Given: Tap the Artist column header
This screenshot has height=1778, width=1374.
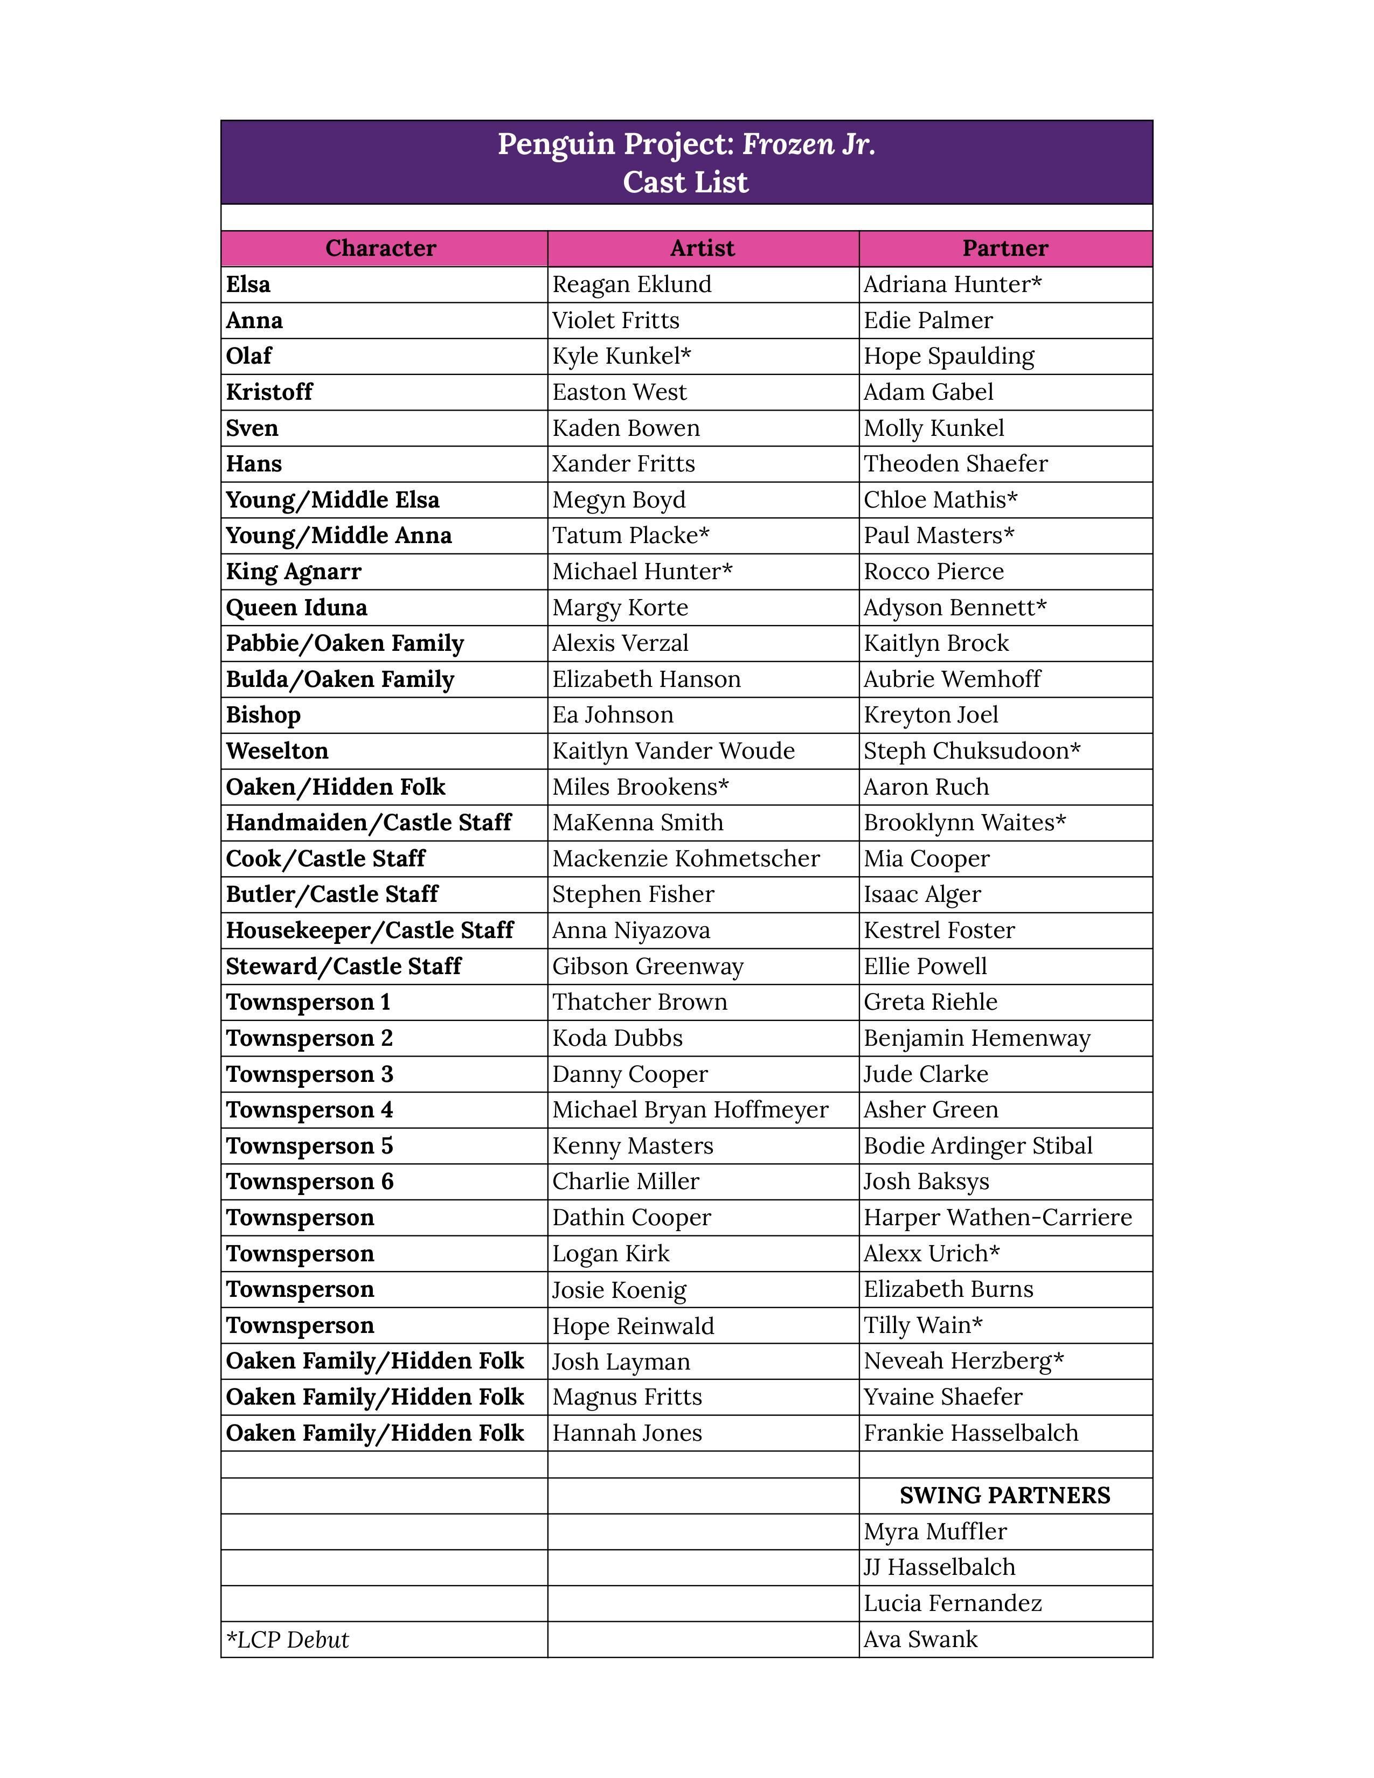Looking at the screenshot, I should point(703,248).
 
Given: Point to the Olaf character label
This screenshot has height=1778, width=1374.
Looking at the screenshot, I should point(248,356).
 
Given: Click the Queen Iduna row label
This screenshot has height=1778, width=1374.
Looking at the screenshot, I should point(296,607).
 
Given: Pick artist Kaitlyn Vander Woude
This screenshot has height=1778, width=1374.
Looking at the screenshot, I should point(673,751).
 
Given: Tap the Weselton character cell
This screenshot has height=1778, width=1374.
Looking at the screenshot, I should point(277,751).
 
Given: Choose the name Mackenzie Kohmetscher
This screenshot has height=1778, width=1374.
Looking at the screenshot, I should point(685,858).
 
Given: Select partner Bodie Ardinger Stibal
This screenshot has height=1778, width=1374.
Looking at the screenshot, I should point(977,1145).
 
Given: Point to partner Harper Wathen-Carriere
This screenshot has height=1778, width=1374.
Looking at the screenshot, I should point(997,1217).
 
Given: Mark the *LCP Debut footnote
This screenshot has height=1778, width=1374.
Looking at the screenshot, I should point(287,1640).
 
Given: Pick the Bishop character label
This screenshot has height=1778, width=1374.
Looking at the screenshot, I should point(263,715).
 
